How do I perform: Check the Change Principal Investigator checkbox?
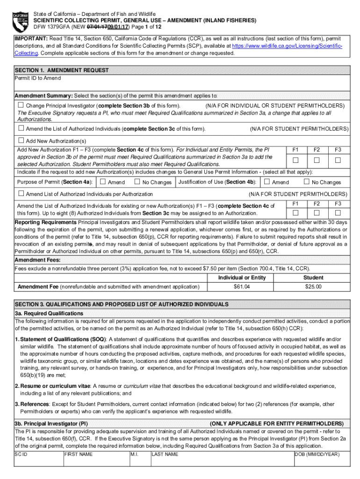[21, 105]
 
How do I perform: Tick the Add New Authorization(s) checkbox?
[21, 140]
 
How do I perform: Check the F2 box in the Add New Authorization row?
[317, 160]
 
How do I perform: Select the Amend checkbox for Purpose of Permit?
[103, 182]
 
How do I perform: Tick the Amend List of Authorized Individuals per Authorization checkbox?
[21, 194]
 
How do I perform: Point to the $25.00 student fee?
[313, 286]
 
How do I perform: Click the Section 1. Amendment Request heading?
[62, 70]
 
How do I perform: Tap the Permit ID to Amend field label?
[37, 78]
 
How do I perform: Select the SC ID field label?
[22, 454]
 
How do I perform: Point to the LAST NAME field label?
[165, 454]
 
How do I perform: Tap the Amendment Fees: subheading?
[37, 260]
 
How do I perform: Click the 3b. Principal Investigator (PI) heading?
[51, 423]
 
